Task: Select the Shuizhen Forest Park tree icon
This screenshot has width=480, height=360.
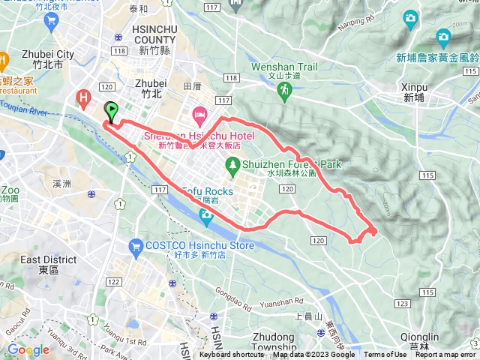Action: (232, 164)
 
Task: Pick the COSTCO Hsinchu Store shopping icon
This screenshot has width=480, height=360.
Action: (136, 245)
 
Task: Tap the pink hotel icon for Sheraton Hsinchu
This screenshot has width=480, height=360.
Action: (199, 116)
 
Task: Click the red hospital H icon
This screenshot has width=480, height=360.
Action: (84, 97)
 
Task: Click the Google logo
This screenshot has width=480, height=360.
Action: (28, 350)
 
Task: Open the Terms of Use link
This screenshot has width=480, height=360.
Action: (385, 355)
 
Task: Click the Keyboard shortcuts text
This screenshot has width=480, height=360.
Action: (232, 355)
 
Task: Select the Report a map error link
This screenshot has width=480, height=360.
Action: (445, 355)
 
